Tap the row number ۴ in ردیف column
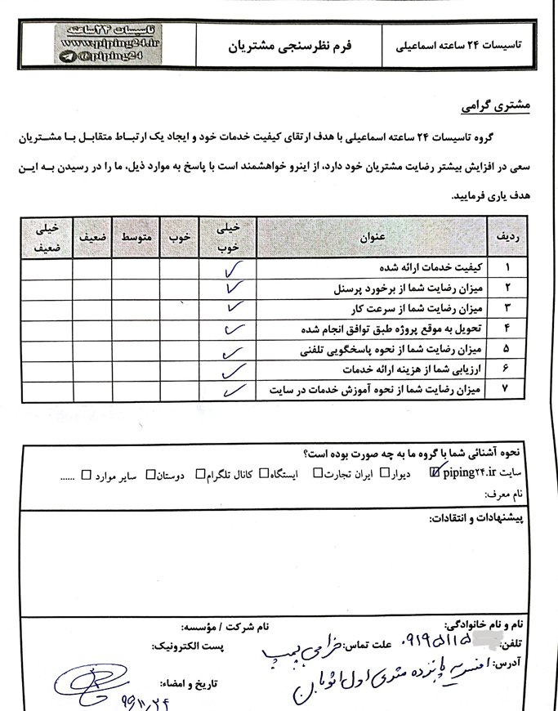coord(507,329)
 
